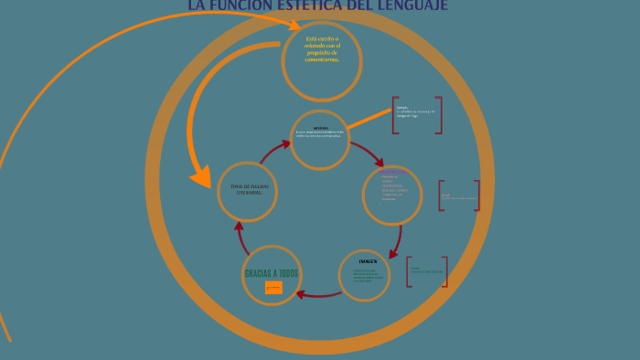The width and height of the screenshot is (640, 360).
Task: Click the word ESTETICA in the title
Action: [x=306, y=5]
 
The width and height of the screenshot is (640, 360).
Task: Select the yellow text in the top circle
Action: [x=322, y=48]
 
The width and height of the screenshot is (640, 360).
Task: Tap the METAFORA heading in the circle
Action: [x=320, y=127]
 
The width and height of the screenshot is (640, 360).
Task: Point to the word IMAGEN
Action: [x=368, y=260]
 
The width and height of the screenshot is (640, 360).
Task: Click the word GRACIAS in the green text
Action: [x=259, y=274]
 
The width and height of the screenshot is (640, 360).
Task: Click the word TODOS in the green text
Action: [x=288, y=274]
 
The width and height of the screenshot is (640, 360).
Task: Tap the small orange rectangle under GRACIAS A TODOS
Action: [x=273, y=288]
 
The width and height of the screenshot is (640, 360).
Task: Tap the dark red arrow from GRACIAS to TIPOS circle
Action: [x=240, y=236]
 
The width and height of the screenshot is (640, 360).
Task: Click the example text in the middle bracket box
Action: [x=457, y=196]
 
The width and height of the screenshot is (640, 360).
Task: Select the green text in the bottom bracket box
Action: [x=426, y=270]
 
